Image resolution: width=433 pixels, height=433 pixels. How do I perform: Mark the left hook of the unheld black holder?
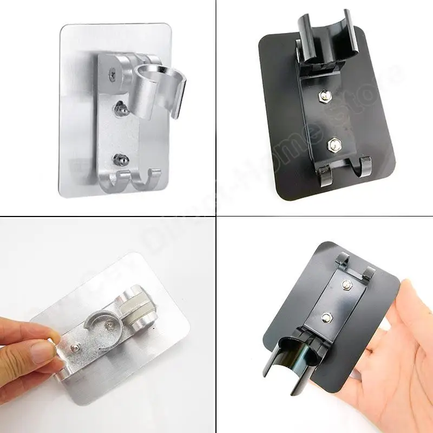[x=323, y=174]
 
